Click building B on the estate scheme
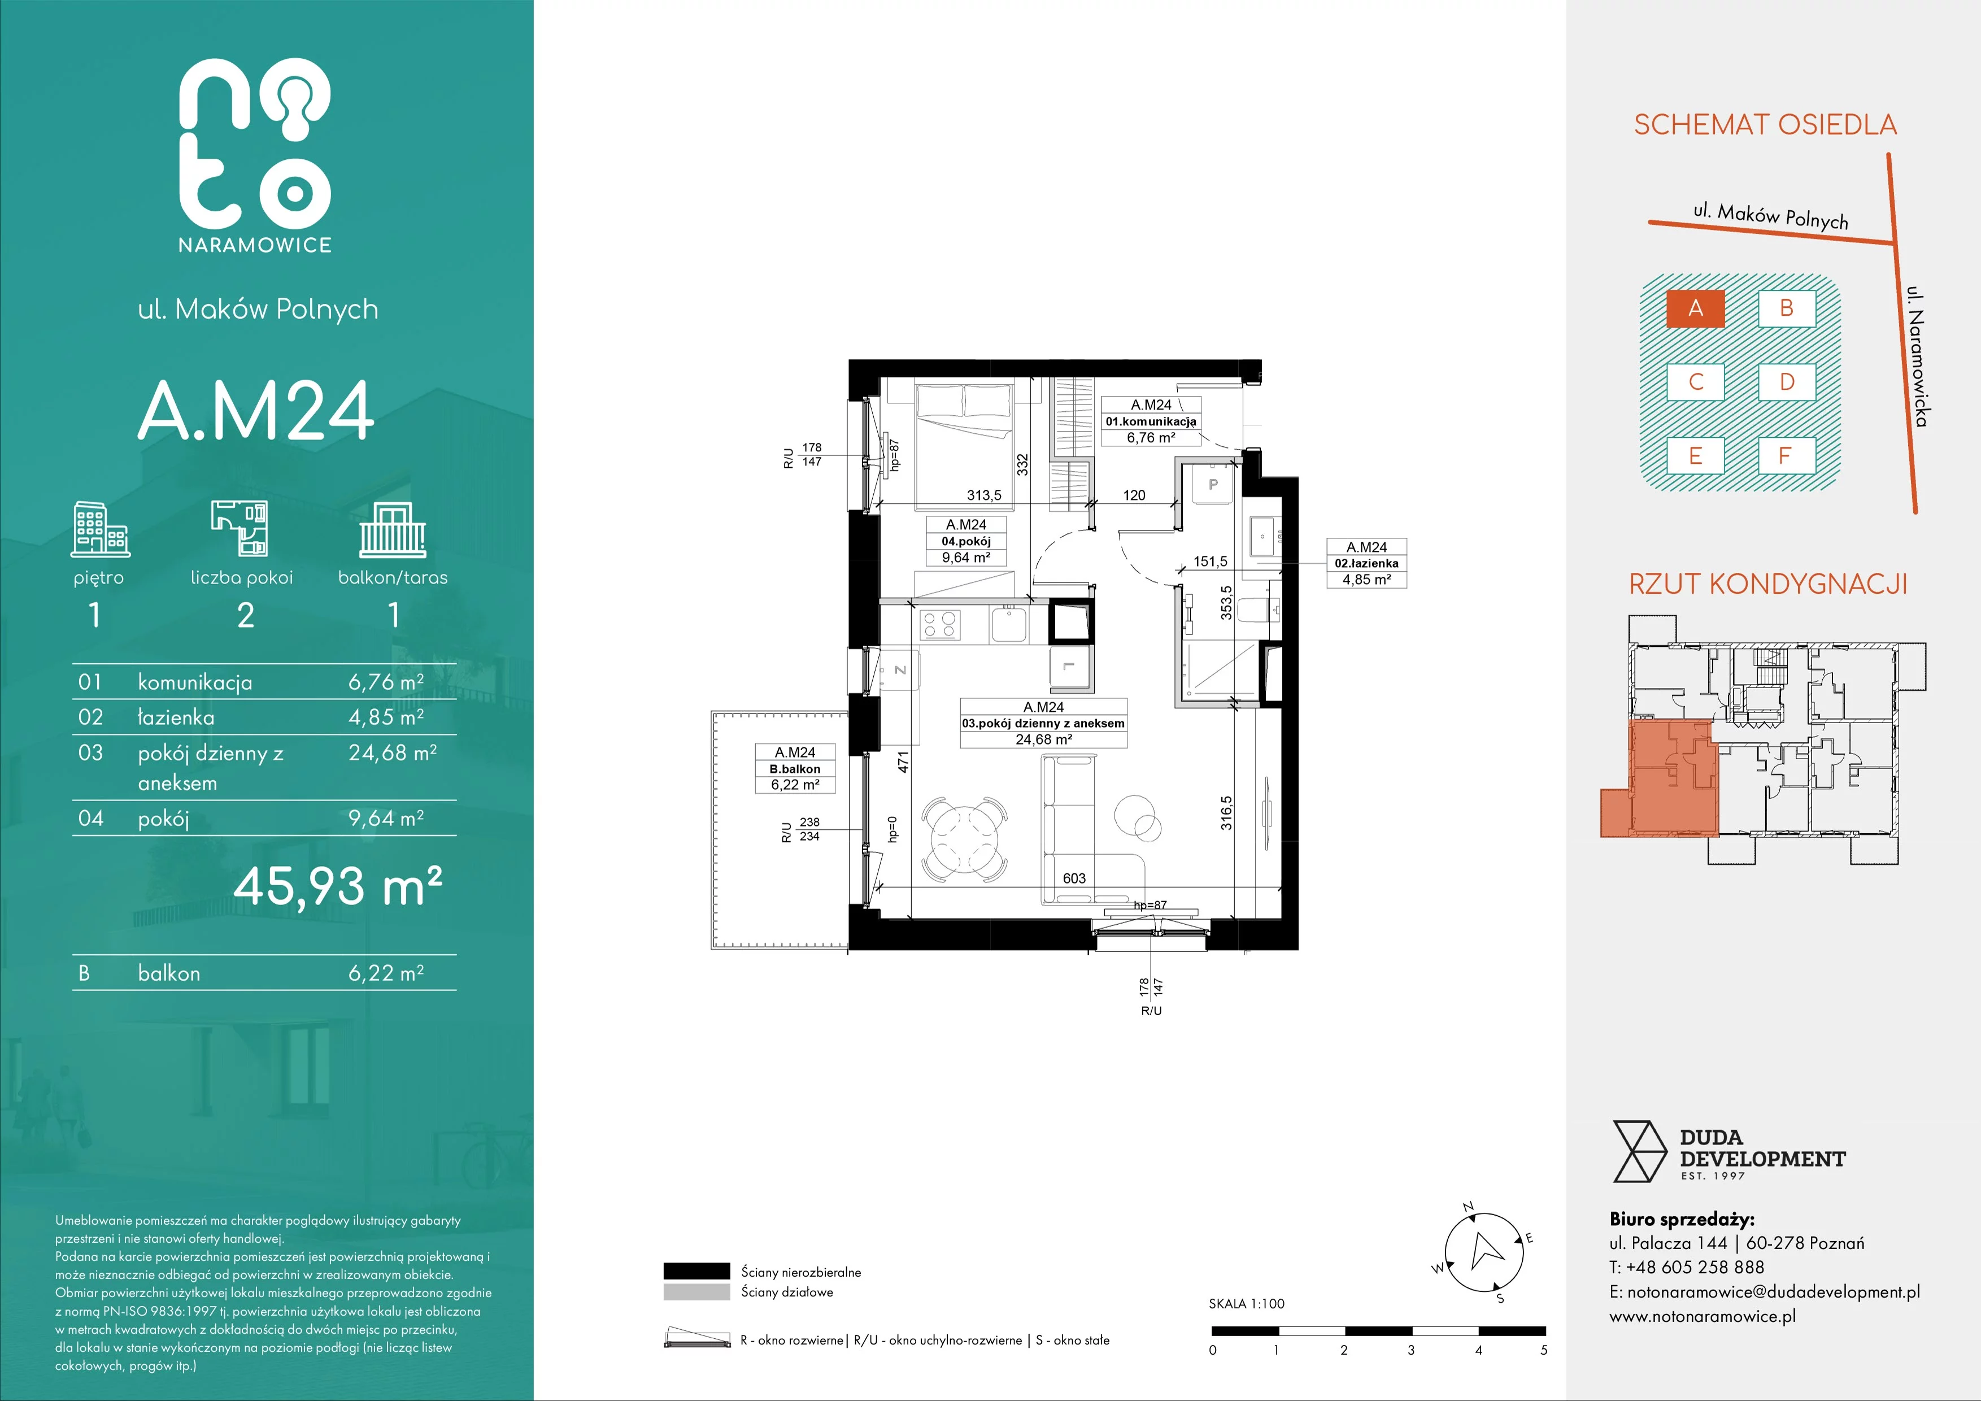[1787, 308]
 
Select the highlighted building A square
[1695, 308]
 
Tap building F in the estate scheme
[1787, 455]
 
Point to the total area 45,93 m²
[338, 885]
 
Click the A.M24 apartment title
[256, 411]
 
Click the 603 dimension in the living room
[1074, 878]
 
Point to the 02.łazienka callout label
[1366, 563]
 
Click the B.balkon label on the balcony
[795, 769]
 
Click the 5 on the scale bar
[1544, 1350]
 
